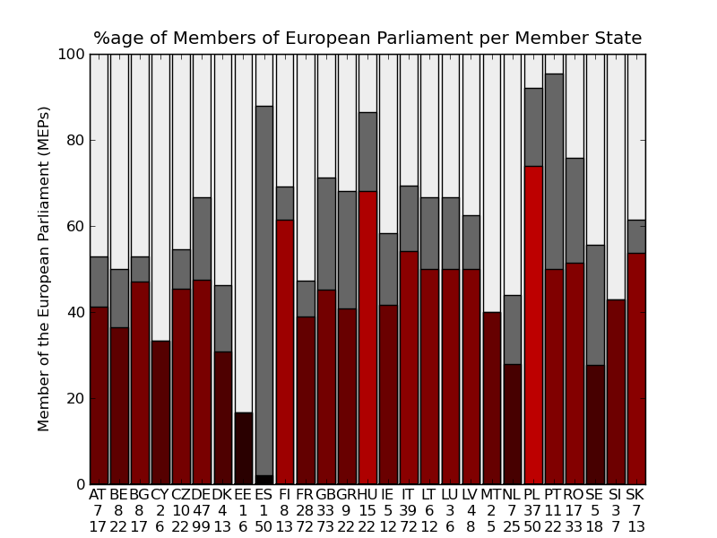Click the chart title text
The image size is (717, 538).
[367, 39]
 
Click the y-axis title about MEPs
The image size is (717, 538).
[44, 268]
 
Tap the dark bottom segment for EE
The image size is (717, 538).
[243, 448]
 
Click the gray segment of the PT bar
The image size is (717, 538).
[554, 171]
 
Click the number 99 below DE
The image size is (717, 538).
[202, 527]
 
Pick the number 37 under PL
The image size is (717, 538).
[533, 511]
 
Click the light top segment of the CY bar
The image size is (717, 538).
[160, 197]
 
